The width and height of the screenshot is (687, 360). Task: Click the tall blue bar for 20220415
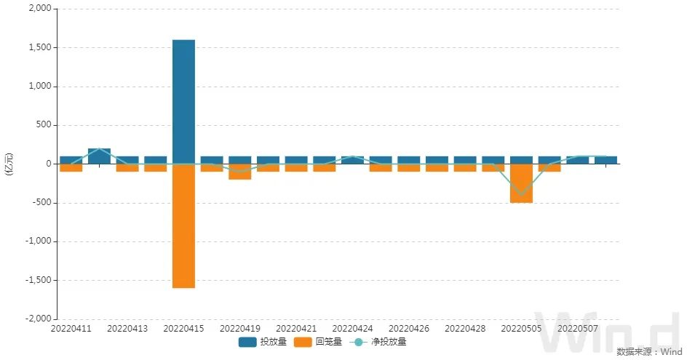pos(183,102)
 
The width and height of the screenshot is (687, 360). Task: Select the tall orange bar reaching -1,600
pos(183,225)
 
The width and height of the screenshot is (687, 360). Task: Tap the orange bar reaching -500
pos(521,183)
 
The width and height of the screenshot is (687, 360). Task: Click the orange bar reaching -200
pos(239,172)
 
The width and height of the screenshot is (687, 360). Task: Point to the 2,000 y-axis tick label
pos(39,9)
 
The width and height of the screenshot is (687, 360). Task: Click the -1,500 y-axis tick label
pos(37,280)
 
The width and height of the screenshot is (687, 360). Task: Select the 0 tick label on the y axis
pos(47,164)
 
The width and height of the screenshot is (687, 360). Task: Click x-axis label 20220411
pos(71,329)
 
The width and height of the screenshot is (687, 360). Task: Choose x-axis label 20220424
pos(352,329)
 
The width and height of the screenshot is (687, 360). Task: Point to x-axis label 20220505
pos(521,329)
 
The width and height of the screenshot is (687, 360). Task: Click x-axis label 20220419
pos(239,329)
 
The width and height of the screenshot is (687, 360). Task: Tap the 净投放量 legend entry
pos(378,341)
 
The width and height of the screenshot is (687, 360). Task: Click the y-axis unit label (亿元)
pos(9,164)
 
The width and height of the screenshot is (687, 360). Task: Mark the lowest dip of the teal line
pos(521,195)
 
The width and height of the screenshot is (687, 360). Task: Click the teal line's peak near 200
pos(99,148)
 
